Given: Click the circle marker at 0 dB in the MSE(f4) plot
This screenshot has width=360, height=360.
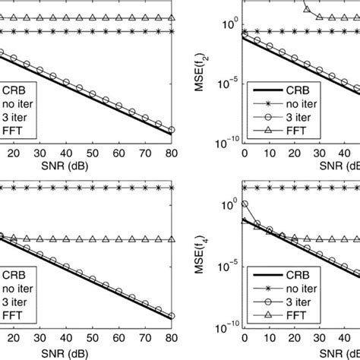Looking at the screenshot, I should point(243,204).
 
